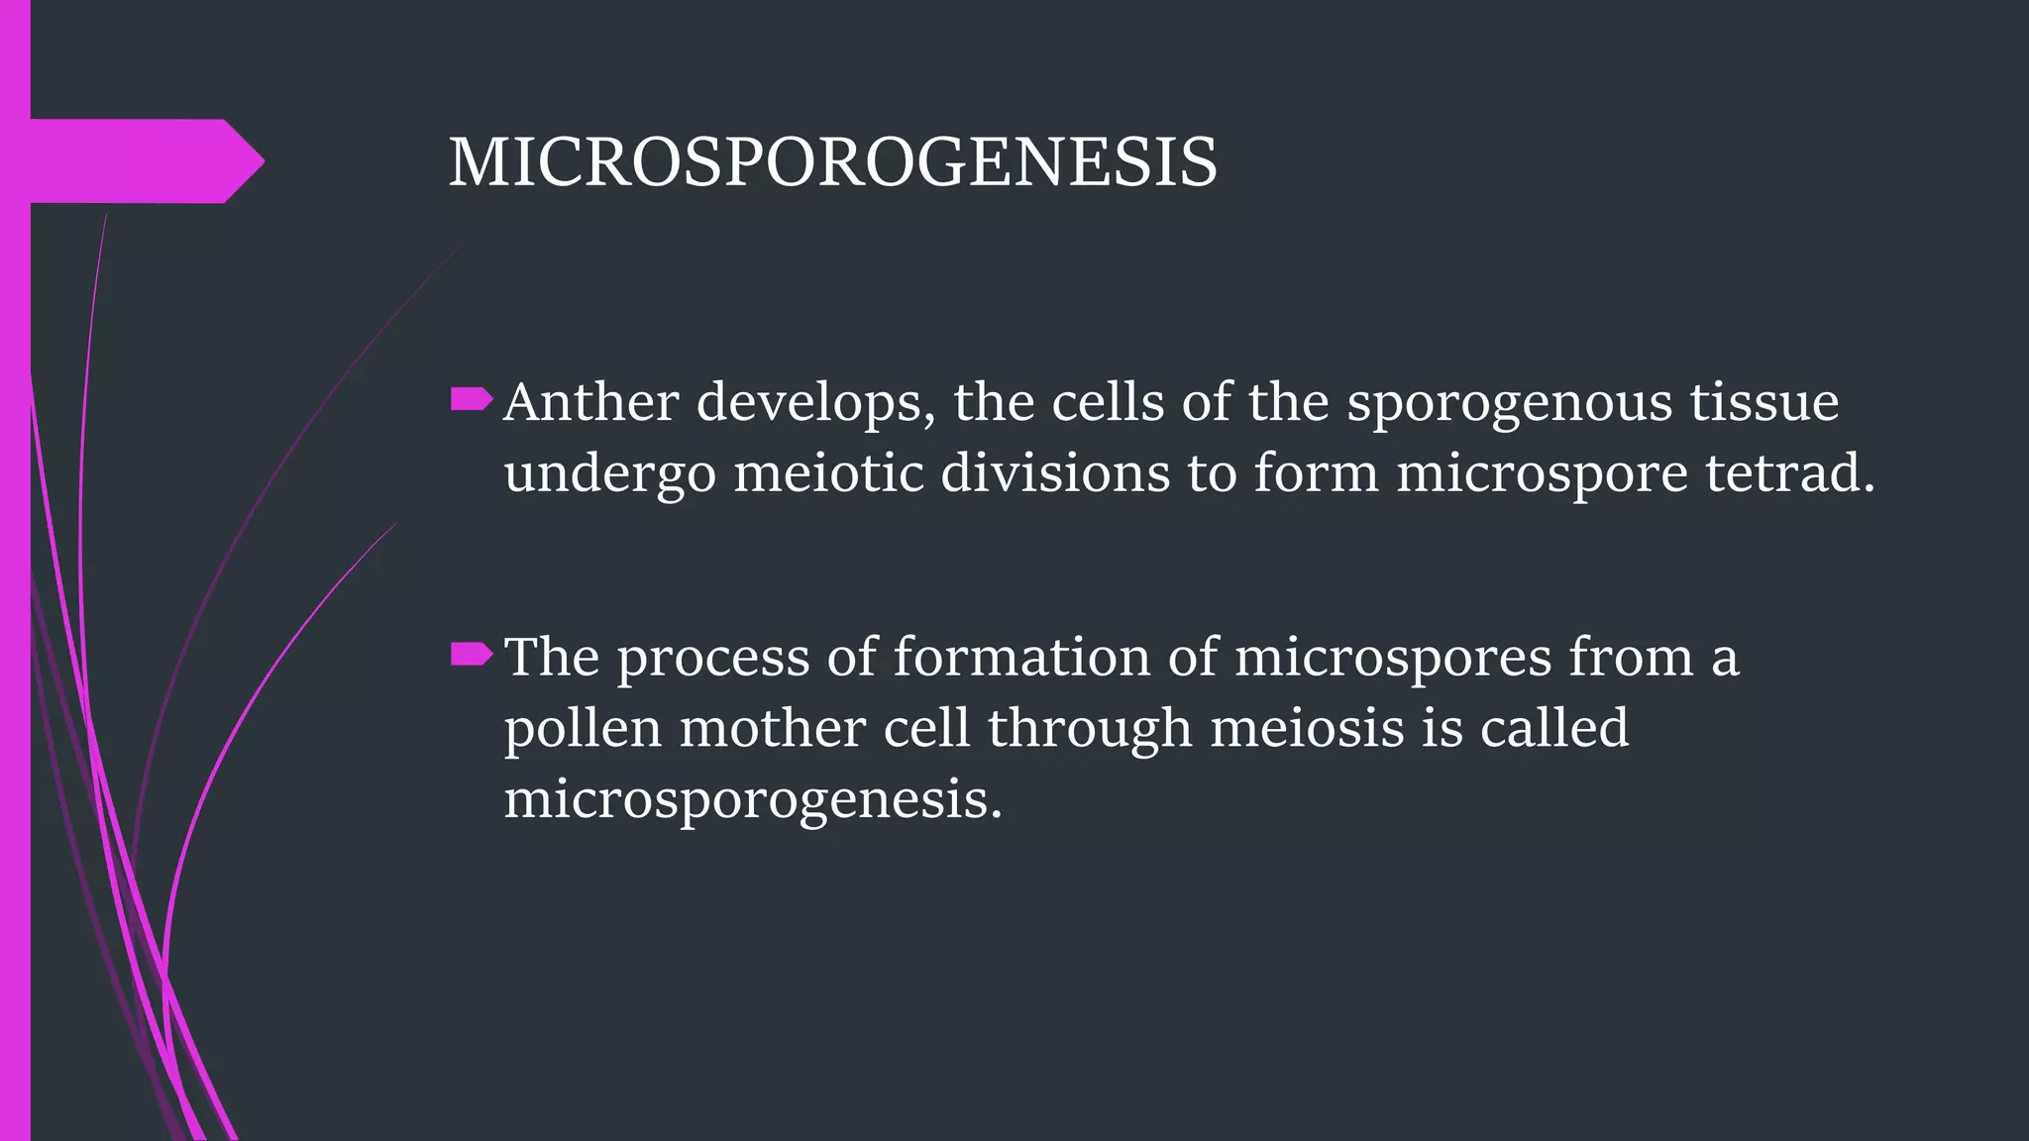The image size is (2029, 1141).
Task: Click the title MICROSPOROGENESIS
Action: click(x=832, y=161)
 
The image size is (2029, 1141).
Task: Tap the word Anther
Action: click(x=590, y=402)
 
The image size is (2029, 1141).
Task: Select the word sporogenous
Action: click(x=1508, y=404)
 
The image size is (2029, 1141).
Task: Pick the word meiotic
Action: click(x=827, y=472)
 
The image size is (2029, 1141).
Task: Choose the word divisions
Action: click(x=1054, y=472)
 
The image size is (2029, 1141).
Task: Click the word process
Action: click(x=713, y=659)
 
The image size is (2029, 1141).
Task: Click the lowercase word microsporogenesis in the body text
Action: click(x=753, y=800)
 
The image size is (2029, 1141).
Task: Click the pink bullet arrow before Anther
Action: click(x=472, y=399)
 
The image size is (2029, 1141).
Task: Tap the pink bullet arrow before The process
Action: click(x=472, y=654)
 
